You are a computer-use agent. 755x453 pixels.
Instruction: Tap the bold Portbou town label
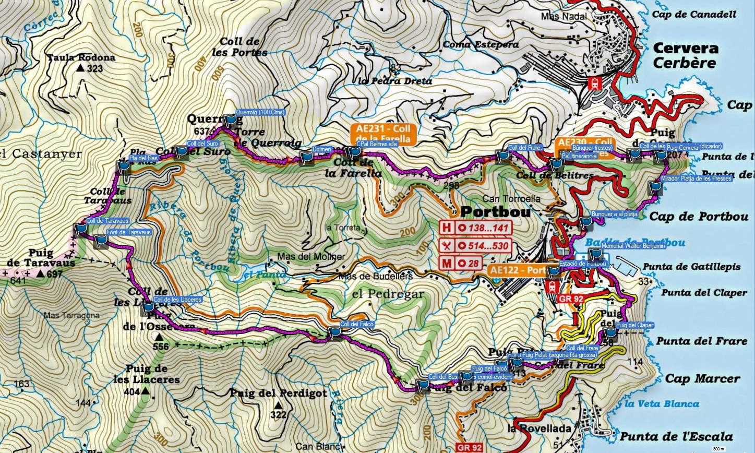point(496,212)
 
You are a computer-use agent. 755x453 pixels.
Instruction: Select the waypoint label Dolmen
point(322,149)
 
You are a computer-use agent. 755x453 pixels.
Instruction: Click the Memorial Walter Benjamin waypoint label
point(633,246)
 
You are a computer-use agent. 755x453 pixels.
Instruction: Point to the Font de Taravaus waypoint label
point(128,232)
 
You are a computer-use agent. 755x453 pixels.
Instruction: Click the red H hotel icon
point(447,228)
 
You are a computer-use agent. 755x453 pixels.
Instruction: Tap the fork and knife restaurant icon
point(447,245)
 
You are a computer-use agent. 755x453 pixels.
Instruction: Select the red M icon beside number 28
point(447,263)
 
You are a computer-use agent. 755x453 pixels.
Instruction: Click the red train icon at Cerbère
point(594,83)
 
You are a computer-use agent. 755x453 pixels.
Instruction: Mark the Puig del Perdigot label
point(278,393)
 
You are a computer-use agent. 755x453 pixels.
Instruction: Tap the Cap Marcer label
point(695,378)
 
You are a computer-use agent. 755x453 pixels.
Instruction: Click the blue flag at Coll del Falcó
point(334,332)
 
